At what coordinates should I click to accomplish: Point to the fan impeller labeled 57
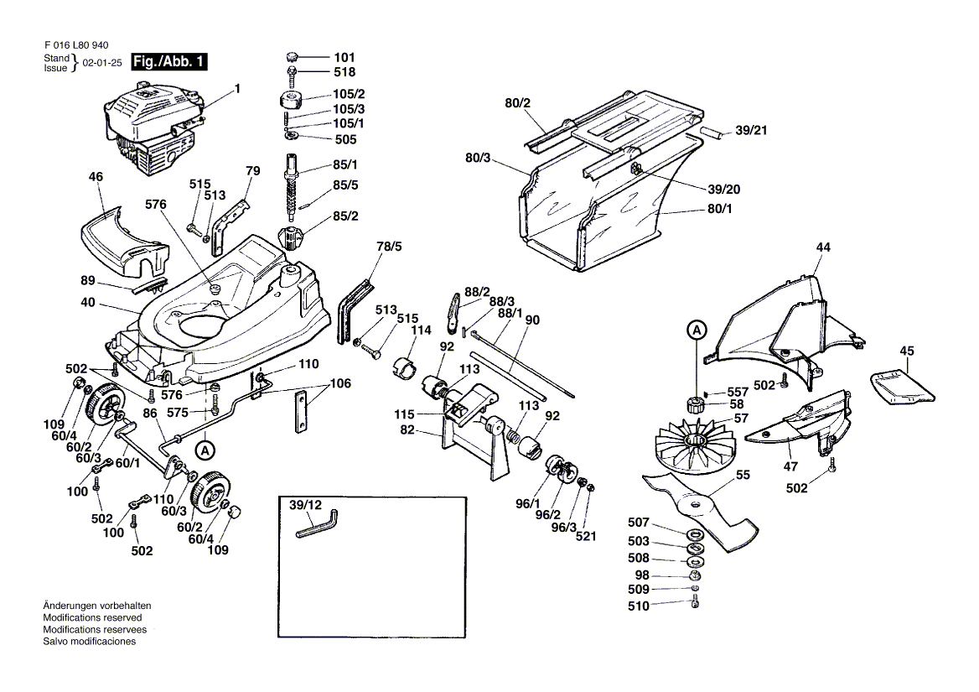click(692, 445)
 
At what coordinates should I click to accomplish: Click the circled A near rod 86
click(204, 450)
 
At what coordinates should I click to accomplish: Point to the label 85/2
click(344, 216)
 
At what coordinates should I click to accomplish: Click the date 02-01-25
click(101, 63)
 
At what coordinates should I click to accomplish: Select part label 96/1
click(528, 503)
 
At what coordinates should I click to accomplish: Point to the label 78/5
click(389, 247)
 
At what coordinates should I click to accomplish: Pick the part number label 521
click(585, 534)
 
